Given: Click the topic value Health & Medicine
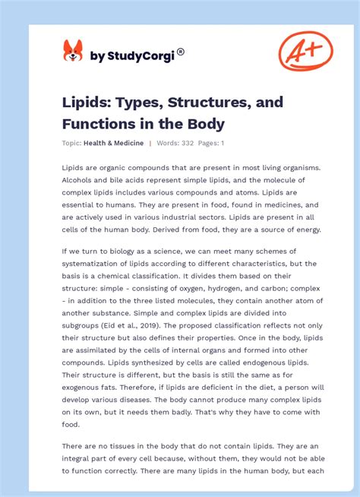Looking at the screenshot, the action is (115, 143).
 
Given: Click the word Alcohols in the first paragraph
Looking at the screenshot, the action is (79, 180).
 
